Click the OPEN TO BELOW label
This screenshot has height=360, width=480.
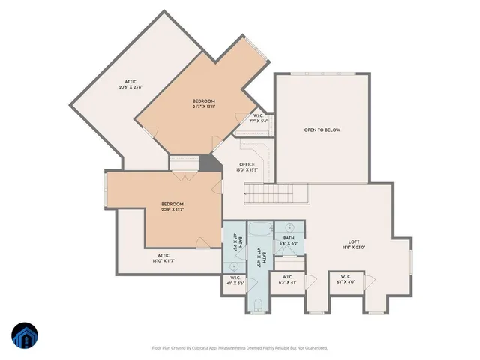click(322, 130)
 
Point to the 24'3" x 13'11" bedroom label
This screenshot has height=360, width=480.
click(203, 103)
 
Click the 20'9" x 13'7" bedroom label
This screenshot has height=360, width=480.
click(172, 206)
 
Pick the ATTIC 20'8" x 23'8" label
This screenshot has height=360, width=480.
click(130, 84)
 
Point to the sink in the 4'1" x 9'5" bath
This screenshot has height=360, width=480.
click(234, 265)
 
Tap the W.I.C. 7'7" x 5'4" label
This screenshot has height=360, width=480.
click(257, 118)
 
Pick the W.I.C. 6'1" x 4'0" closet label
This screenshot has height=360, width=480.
click(348, 280)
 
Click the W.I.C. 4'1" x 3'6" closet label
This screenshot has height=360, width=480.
click(235, 282)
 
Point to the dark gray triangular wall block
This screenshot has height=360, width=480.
click(206, 163)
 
